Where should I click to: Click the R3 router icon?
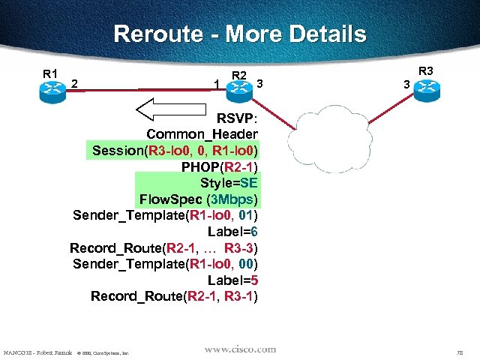[427, 88]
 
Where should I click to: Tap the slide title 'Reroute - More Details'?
[240, 34]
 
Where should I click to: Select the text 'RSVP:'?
[237, 118]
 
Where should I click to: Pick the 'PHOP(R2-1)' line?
[220, 166]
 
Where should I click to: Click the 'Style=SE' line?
[229, 183]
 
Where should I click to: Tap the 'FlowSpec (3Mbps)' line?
[199, 199]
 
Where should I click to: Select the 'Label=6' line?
[238, 232]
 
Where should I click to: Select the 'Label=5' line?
[238, 280]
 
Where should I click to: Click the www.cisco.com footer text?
[240, 349]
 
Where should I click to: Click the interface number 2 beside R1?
[76, 83]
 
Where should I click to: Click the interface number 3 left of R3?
[406, 85]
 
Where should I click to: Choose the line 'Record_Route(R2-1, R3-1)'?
[174, 296]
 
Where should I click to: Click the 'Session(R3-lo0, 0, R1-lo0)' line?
[175, 150]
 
